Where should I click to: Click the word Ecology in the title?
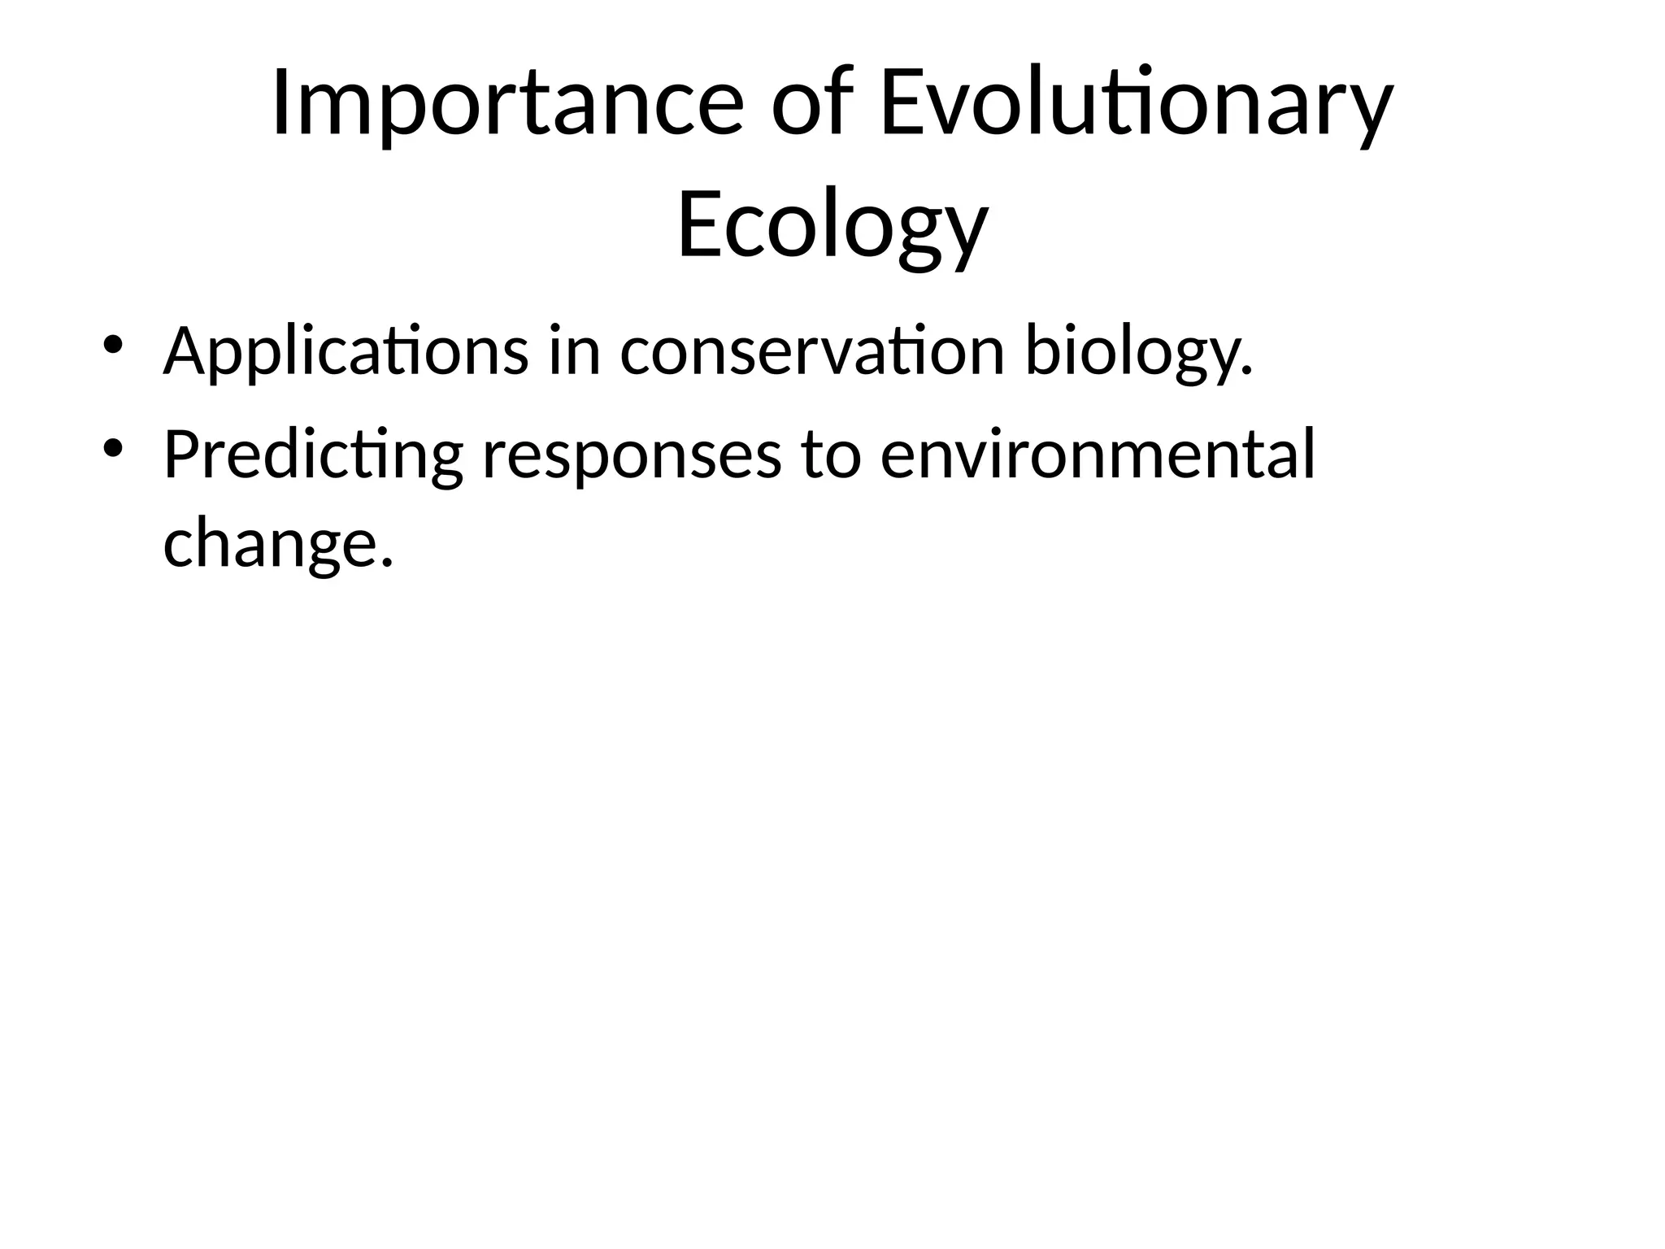coord(832,224)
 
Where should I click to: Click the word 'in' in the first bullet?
coord(574,350)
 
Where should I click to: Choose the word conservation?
coord(812,352)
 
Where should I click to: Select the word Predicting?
coord(313,455)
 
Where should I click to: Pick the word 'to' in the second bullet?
coord(830,455)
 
